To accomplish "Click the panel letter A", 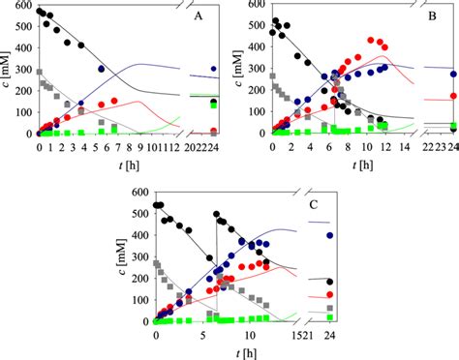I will [199, 16].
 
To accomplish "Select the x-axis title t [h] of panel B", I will [362, 165].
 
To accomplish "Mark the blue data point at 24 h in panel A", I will [213, 69].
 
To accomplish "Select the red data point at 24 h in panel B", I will [454, 96].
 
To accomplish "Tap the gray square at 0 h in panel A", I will [39, 72].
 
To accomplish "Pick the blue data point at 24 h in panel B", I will [454, 74].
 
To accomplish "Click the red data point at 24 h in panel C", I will [331, 294].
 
